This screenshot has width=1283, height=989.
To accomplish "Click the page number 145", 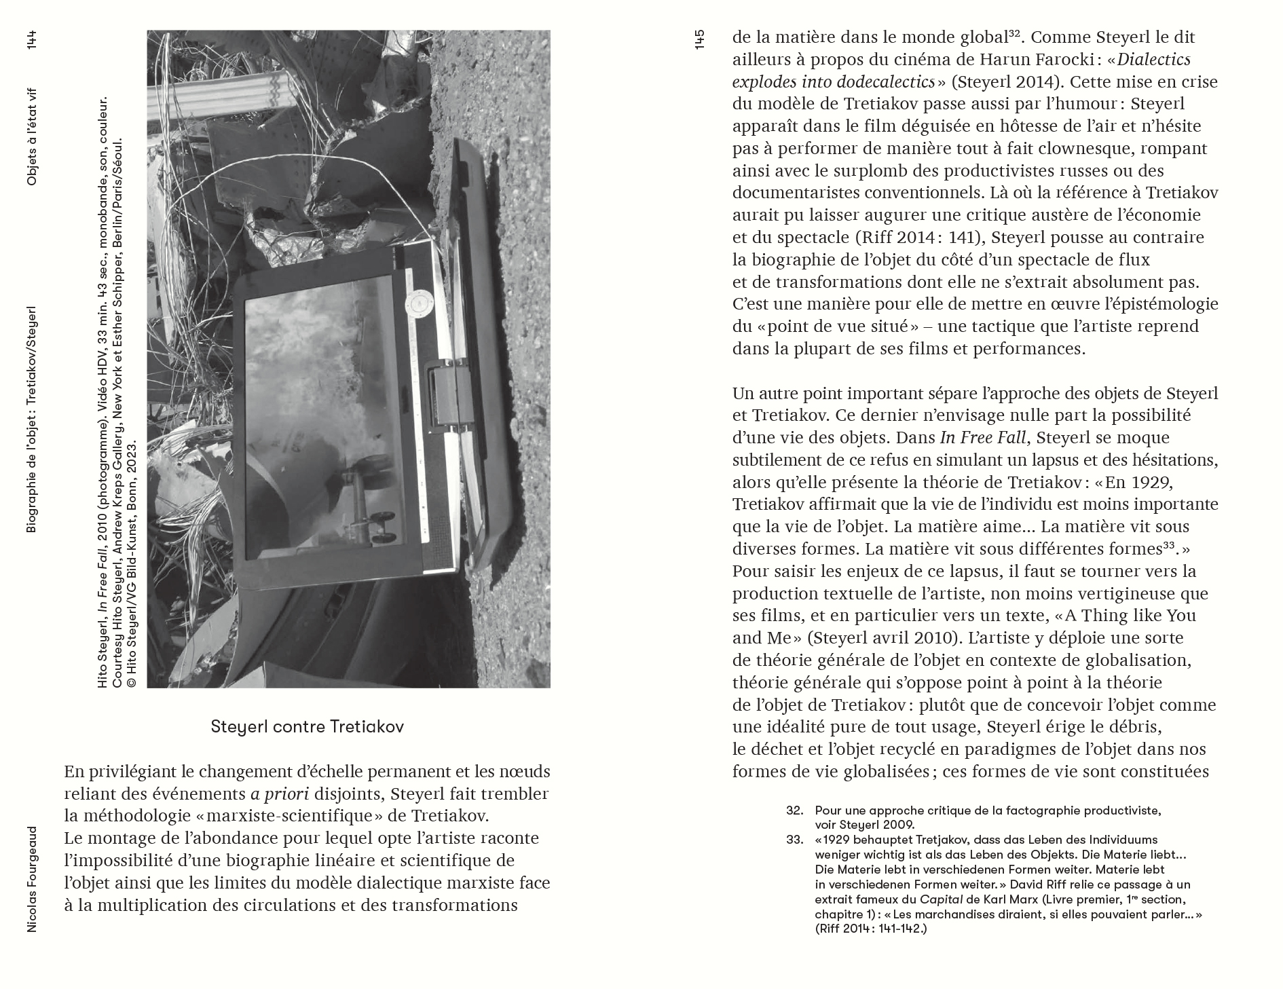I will point(700,39).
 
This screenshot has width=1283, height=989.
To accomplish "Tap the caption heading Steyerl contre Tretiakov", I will point(308,727).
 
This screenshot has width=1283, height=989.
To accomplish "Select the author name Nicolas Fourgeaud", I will point(31,879).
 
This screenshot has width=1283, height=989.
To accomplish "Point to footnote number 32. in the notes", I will point(795,810).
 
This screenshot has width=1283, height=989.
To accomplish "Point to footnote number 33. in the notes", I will point(795,840).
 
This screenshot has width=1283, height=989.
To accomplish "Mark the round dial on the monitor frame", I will point(418,303).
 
